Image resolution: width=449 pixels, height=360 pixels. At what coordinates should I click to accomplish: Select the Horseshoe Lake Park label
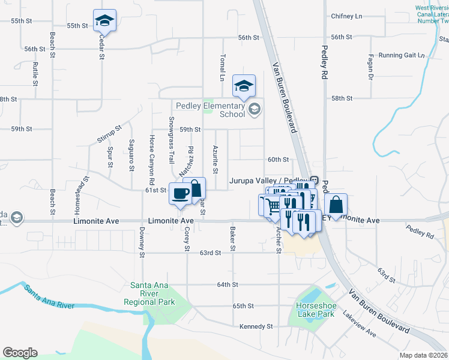click(x=315, y=310)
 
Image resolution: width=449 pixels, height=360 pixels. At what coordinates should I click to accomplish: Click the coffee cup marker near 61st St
click(x=181, y=193)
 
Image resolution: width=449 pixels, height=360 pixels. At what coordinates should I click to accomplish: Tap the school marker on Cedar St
click(x=104, y=21)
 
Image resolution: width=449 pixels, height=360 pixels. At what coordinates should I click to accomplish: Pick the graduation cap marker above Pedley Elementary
click(x=244, y=86)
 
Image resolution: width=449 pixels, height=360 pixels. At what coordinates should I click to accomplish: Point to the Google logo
click(x=20, y=353)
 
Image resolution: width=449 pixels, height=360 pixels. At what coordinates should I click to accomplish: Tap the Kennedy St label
click(x=256, y=326)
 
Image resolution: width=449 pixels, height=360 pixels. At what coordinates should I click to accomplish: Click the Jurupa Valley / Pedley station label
click(x=268, y=180)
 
